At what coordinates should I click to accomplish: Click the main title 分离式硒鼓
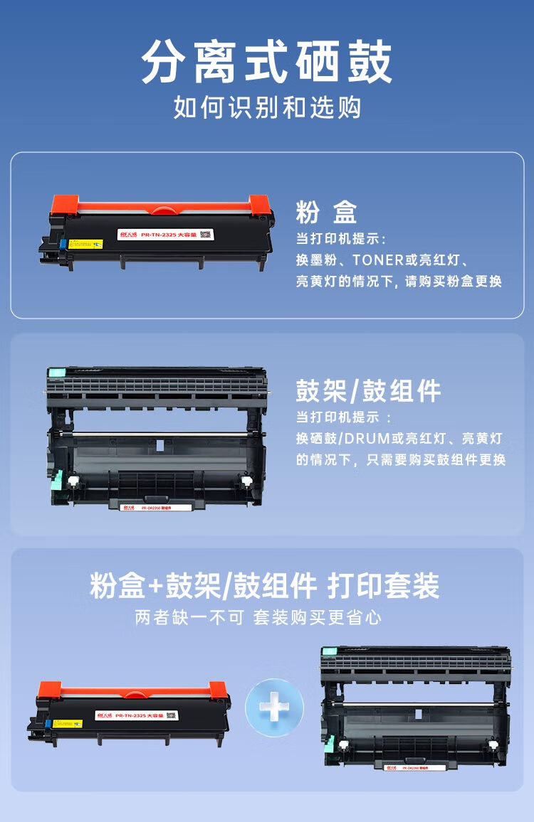coord(267,63)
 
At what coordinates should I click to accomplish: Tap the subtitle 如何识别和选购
coord(267,108)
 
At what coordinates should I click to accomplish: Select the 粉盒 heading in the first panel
coord(326,212)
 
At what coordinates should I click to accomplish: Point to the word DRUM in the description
coord(384,438)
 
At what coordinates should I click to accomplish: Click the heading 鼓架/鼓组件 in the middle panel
coord(368,391)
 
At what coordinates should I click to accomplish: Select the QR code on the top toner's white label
coord(205,234)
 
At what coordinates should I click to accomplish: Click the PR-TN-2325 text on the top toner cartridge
coord(158,234)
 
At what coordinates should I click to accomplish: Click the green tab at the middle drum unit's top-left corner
coord(56,372)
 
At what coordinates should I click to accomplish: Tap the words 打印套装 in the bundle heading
coord(383,586)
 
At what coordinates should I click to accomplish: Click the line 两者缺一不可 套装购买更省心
coord(258,617)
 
